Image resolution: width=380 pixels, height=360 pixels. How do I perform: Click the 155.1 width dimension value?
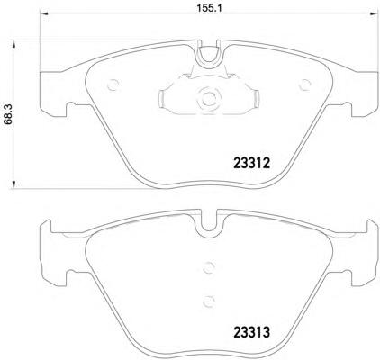tap(209, 8)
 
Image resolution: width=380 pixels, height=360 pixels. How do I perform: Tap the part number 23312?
tap(252, 164)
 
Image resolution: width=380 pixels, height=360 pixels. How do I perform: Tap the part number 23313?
tap(252, 332)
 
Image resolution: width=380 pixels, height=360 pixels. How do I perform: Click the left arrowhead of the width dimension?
tap(44, 13)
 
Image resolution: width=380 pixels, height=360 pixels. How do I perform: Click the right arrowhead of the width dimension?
tap(374, 13)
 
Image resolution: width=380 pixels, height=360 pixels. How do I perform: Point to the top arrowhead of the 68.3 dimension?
tap(14, 45)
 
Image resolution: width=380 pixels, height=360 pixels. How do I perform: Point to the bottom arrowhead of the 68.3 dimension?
tap(14, 184)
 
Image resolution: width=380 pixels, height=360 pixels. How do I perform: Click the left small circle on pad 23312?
tap(113, 85)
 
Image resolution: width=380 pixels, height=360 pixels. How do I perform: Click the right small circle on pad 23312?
tap(305, 85)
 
